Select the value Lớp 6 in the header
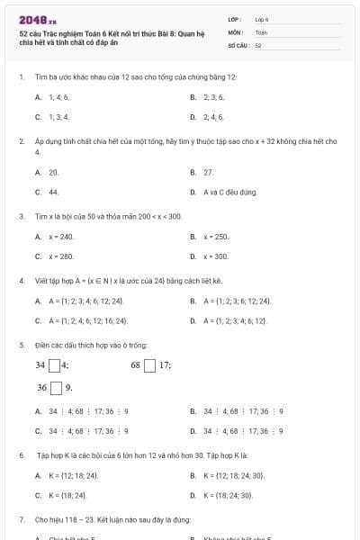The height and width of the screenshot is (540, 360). point(262,19)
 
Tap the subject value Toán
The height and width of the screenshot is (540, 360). point(261,31)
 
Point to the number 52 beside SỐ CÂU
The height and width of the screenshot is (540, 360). point(258,44)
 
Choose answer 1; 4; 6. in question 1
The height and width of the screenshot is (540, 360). point(59,96)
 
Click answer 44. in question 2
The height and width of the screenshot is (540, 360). point(54,192)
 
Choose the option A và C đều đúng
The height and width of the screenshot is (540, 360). point(230,192)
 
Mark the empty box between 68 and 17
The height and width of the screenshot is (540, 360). point(151,365)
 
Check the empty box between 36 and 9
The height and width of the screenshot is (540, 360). point(56,389)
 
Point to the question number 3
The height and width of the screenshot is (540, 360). point(21,216)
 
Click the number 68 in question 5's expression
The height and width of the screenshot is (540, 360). point(137,365)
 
